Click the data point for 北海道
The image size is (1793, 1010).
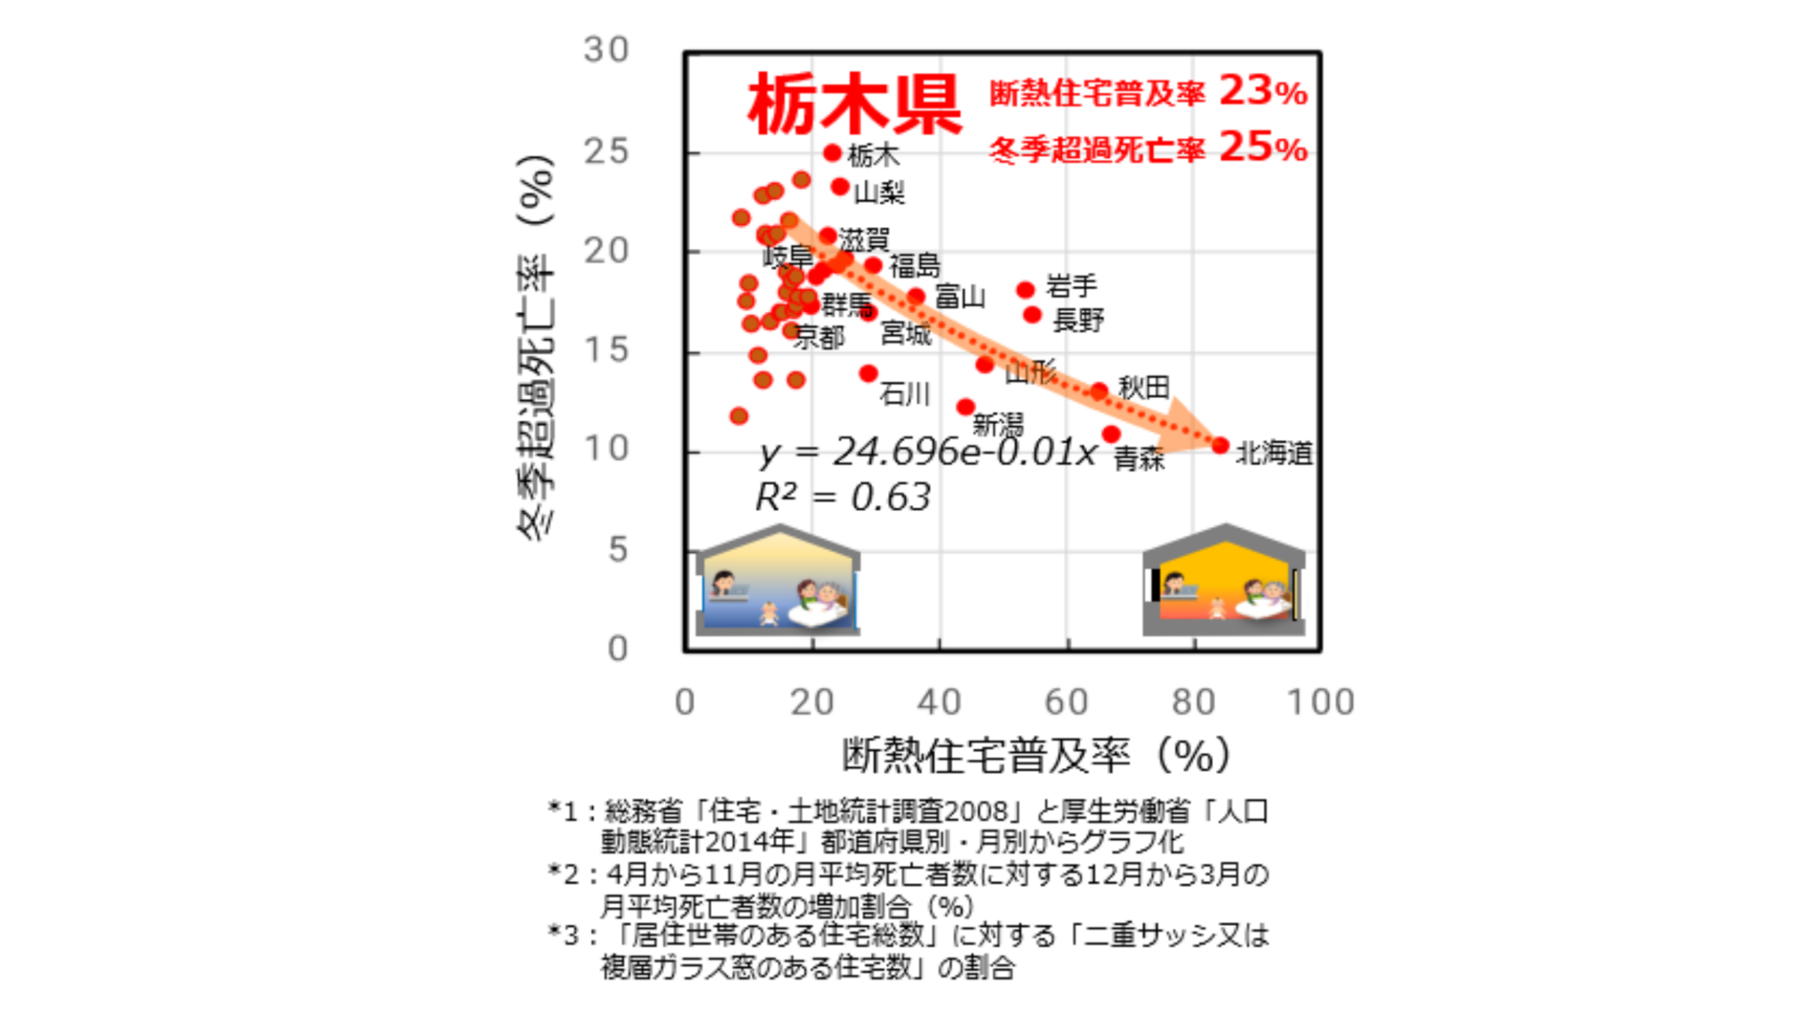(1220, 446)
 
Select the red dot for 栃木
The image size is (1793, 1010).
(833, 152)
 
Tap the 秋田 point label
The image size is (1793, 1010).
(1143, 387)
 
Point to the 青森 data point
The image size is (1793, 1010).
(1110, 434)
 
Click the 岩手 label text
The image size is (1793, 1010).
(1071, 285)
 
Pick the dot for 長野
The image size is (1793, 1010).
(1032, 315)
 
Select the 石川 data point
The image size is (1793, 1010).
(868, 374)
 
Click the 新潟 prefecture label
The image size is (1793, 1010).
(997, 425)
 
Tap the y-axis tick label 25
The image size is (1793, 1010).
(606, 151)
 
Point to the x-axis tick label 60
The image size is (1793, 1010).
(1066, 702)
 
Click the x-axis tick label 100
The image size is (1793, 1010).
(1320, 702)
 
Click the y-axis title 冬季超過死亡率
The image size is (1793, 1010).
(536, 346)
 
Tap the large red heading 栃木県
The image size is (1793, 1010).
(854, 105)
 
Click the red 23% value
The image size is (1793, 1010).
(1263, 92)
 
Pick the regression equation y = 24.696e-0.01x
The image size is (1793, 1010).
(928, 452)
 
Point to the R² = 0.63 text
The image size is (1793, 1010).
(842, 497)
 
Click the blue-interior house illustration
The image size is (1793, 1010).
(777, 581)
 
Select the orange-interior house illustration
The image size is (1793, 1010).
(1223, 581)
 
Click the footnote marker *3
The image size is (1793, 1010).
(563, 935)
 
